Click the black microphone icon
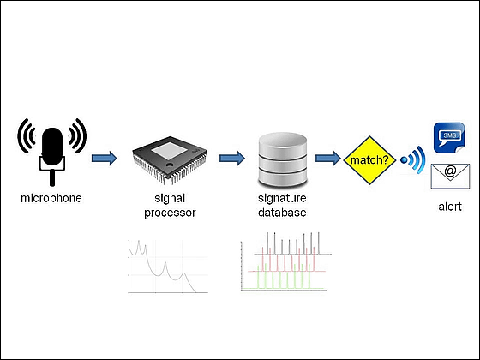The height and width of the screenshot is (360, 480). click(x=52, y=153)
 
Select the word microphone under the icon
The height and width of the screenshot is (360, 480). click(x=51, y=198)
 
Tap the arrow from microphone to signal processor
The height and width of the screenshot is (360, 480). click(x=105, y=159)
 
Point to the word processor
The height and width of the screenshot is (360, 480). click(x=170, y=213)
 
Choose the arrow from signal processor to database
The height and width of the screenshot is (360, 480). click(x=232, y=159)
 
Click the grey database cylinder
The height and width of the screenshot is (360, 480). click(x=282, y=160)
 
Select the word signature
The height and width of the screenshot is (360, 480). click(x=282, y=199)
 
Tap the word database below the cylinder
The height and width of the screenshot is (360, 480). click(x=282, y=213)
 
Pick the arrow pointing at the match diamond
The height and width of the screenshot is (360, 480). click(x=328, y=159)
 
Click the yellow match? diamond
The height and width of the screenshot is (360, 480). click(x=369, y=160)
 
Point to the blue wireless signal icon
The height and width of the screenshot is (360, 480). click(x=413, y=159)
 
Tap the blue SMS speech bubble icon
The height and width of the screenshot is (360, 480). click(x=449, y=137)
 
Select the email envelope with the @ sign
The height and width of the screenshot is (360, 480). click(x=450, y=177)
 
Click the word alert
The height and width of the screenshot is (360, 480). click(x=450, y=207)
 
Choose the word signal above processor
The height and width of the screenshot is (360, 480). click(x=170, y=199)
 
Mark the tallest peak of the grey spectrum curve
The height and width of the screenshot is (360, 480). click(x=139, y=241)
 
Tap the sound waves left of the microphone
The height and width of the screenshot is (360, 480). click(x=27, y=135)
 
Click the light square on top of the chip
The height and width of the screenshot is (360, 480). click(x=170, y=151)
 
